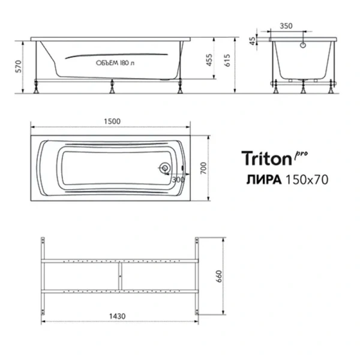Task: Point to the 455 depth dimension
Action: [209, 59]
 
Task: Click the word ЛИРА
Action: [262, 178]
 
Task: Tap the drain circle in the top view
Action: [164, 169]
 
